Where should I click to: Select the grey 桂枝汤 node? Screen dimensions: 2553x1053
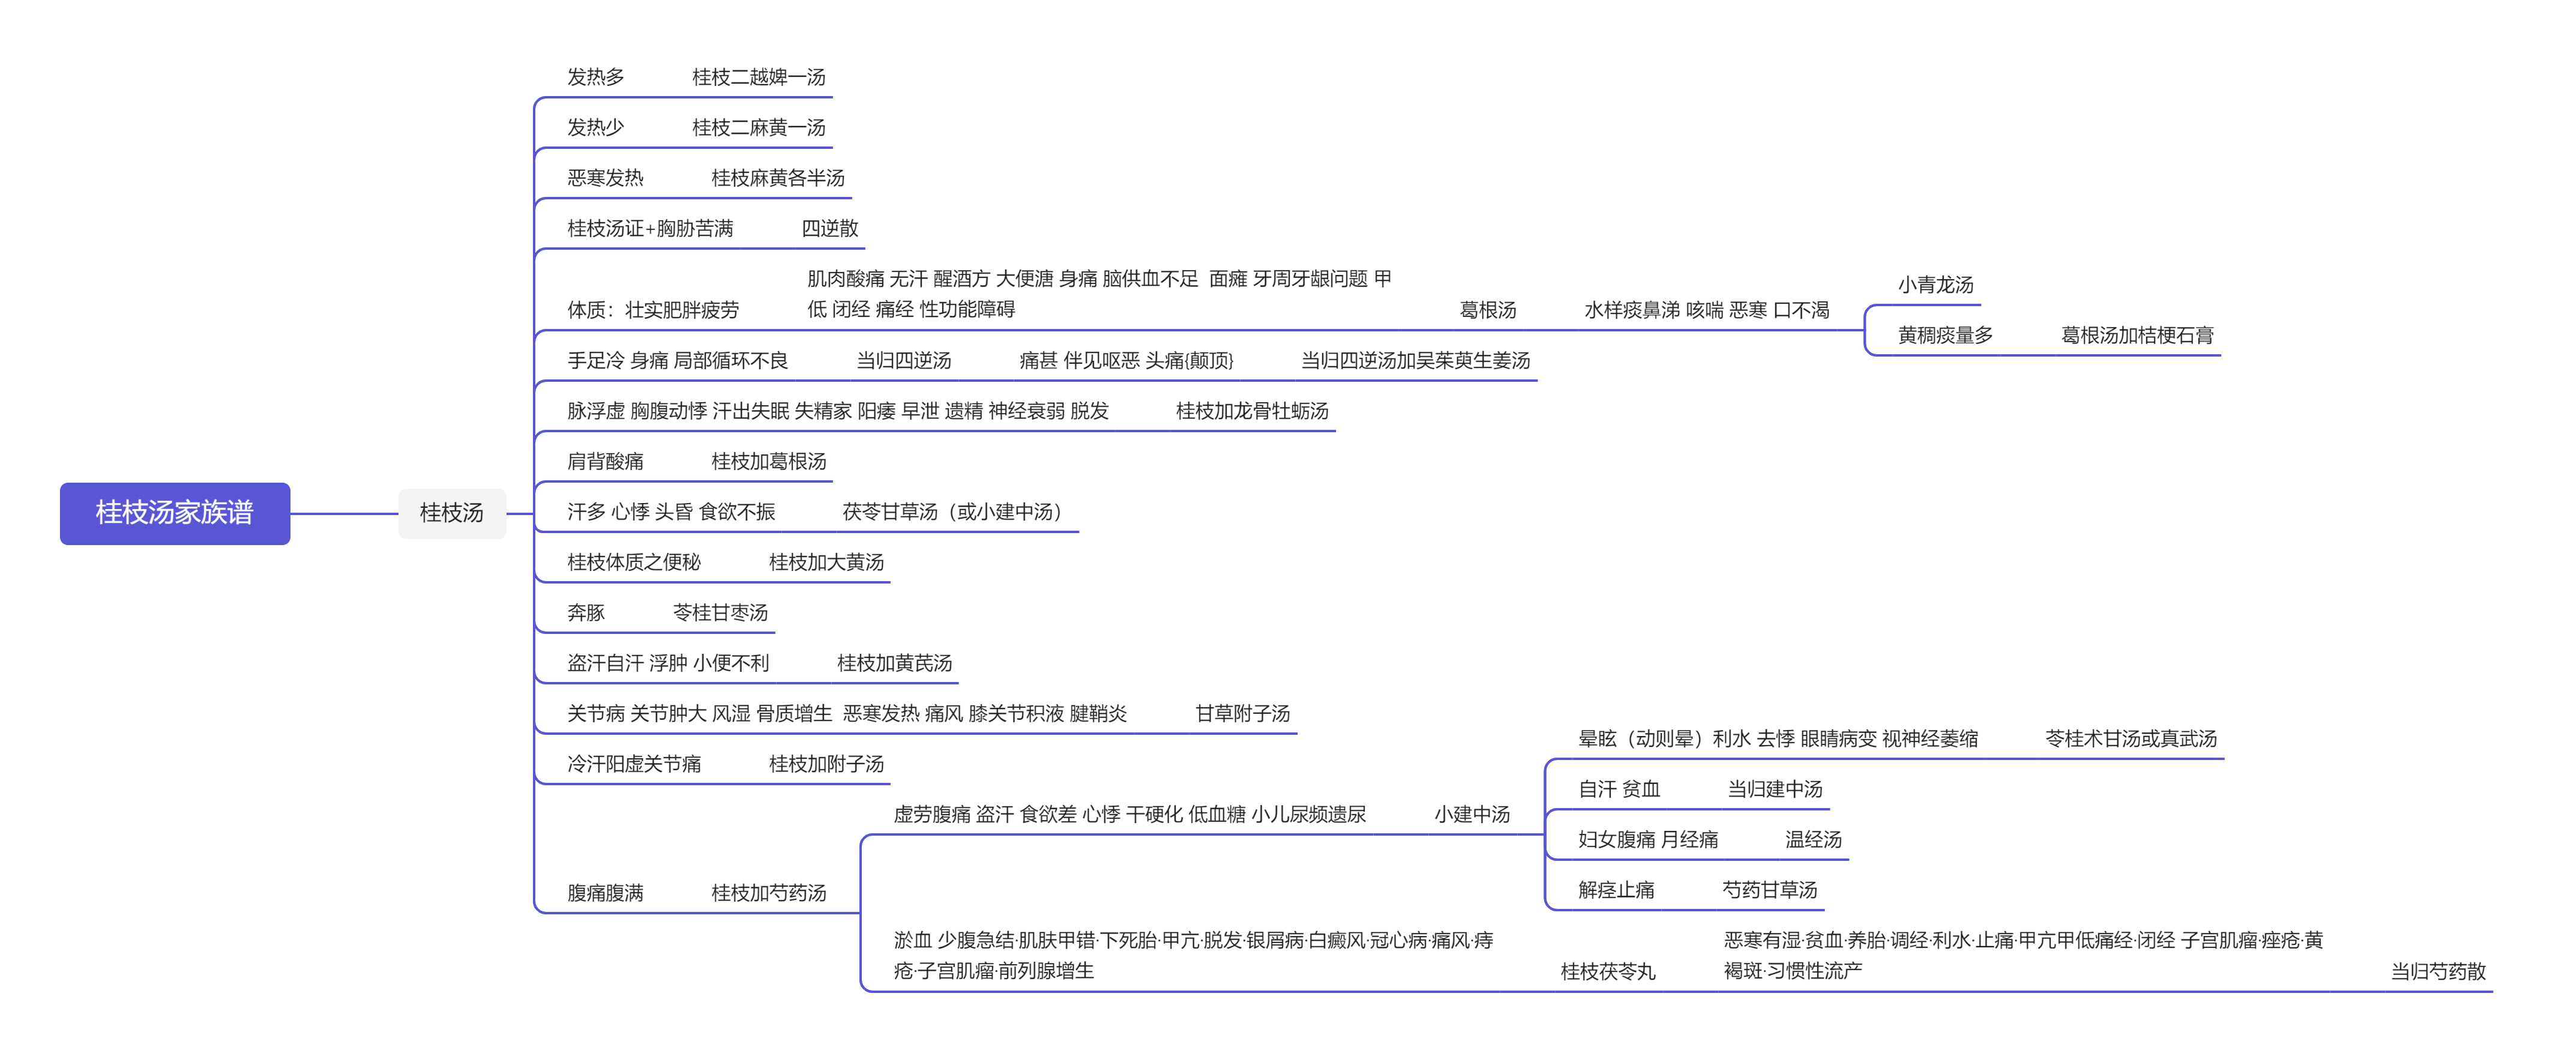452,513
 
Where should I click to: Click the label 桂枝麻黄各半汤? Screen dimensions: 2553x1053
778,178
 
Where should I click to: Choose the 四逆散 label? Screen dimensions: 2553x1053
829,229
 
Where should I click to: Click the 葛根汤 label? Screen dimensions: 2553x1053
1488,310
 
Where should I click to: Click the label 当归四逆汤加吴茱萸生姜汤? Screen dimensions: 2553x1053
1415,361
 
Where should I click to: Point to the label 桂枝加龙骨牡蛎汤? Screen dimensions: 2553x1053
1252,411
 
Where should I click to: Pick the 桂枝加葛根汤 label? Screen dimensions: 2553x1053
768,462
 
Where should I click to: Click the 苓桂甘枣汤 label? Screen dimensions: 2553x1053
721,613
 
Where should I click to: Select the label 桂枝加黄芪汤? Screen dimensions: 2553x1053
894,663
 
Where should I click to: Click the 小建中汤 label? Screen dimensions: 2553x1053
1472,815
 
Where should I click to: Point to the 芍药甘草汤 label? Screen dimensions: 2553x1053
1770,890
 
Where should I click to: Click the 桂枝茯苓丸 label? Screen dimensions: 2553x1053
1608,972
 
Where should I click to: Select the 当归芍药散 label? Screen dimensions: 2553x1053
2438,972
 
